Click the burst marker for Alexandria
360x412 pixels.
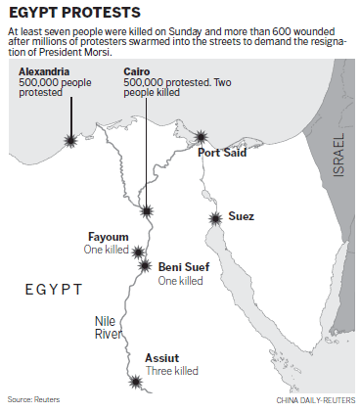69,142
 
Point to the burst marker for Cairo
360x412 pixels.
146,211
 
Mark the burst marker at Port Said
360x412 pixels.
202,138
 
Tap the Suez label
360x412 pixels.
241,214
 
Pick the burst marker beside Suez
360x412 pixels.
214,218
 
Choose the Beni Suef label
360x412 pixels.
183,266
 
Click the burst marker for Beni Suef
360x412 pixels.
145,265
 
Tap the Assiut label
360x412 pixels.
162,358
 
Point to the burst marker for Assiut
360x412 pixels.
133,382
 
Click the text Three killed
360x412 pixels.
172,372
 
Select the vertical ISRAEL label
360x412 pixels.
338,156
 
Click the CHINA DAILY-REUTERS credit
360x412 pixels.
309,401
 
